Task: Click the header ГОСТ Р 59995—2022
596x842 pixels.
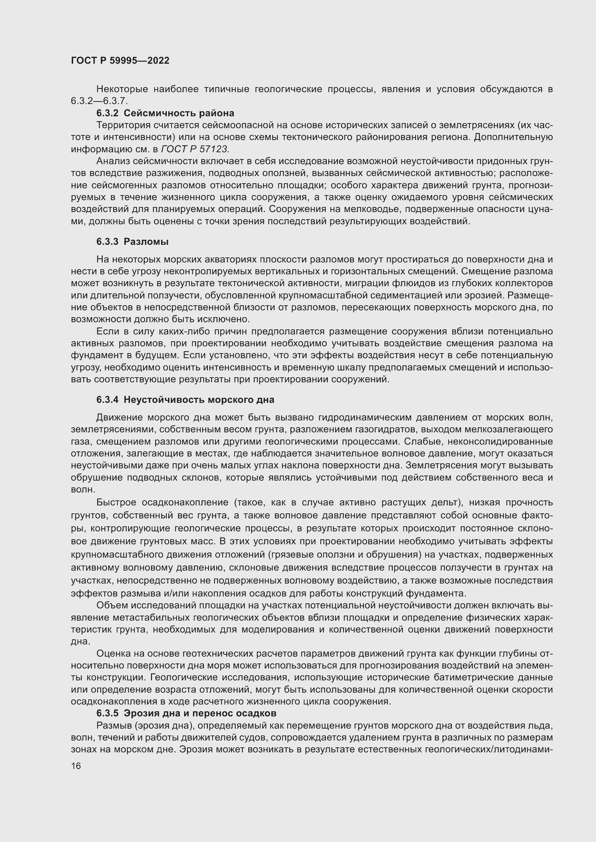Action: (x=120, y=60)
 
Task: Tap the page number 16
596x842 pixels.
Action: (x=76, y=766)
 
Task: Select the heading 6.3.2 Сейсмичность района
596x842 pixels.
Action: (x=165, y=113)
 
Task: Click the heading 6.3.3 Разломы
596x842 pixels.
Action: (x=133, y=241)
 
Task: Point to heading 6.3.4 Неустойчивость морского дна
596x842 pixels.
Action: (x=185, y=399)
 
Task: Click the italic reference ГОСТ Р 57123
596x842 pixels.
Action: (x=196, y=149)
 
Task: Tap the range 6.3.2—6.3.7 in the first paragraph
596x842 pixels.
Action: (x=99, y=101)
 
